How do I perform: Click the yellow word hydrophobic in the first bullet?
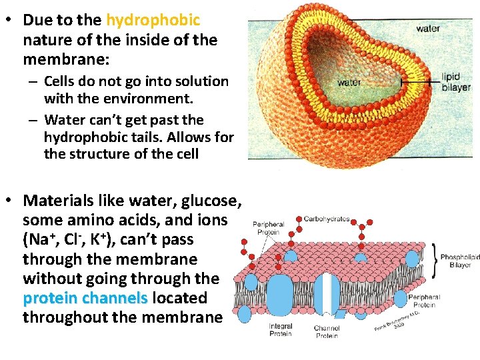[153, 20]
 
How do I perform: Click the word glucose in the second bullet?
[207, 200]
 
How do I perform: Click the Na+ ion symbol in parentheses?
[38, 239]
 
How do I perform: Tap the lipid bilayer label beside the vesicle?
[455, 82]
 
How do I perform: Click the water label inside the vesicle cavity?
[349, 83]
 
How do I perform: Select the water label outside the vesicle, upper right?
[427, 29]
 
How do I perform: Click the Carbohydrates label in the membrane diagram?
[327, 219]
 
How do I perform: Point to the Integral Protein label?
[281, 329]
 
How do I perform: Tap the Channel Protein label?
[327, 331]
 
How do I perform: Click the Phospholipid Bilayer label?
[460, 261]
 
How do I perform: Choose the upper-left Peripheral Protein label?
[269, 228]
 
